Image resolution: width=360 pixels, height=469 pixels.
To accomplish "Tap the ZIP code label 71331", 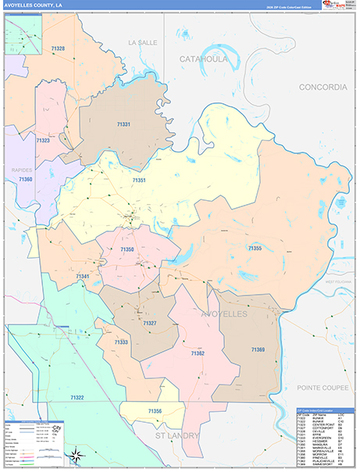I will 123,124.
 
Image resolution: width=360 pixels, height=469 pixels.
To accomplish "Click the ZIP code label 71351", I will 139,181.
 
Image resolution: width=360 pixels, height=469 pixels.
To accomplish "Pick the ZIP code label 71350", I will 127,249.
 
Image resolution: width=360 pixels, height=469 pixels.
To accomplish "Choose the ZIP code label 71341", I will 83,277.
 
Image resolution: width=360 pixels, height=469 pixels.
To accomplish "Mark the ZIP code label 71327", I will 150,323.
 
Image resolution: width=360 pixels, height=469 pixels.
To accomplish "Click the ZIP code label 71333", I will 121,342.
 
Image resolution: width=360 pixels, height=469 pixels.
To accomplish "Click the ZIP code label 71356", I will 155,410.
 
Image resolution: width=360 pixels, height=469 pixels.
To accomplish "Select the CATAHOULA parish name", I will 203,59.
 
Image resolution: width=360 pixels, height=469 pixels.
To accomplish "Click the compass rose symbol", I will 75,456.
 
